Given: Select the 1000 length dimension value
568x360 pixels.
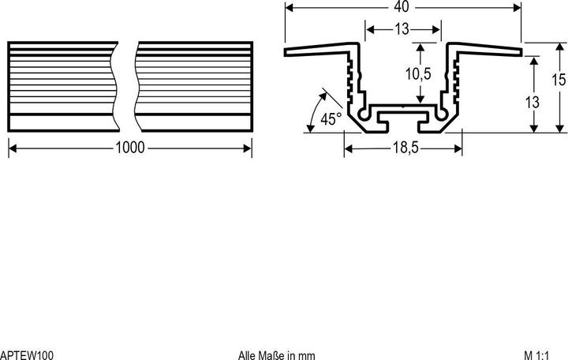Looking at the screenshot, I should point(129,148).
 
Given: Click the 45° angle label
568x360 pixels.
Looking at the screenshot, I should point(331,119).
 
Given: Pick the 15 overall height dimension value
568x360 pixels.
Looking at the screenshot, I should point(559,80).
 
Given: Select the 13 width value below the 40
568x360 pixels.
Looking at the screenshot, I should point(402,29).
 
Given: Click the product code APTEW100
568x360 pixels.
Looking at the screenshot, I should point(27,355).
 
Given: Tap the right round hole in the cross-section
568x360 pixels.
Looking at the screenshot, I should point(443,114).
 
